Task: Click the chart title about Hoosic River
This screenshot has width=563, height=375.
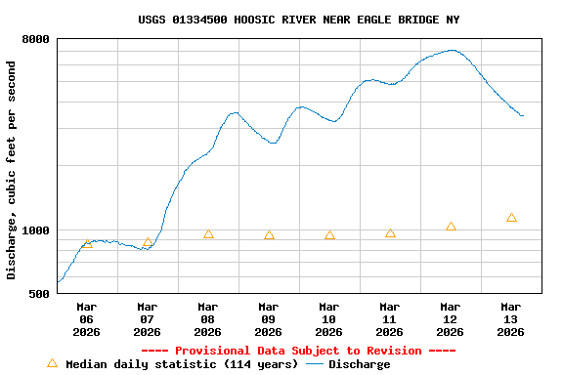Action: [x=299, y=20]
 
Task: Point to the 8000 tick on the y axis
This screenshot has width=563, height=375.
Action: [x=36, y=39]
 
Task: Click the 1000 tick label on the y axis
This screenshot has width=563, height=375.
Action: [x=36, y=230]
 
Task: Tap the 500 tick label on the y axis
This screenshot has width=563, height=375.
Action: [x=40, y=293]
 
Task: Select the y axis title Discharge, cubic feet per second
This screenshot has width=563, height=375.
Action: [x=12, y=170]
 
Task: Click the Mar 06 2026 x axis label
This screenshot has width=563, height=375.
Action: [x=86, y=319]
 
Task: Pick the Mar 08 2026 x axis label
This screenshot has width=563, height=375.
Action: [x=207, y=319]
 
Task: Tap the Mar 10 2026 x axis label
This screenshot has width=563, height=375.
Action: [x=328, y=319]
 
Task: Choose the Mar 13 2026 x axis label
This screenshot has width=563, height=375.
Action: [x=510, y=319]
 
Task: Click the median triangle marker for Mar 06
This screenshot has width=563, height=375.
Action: [x=87, y=243]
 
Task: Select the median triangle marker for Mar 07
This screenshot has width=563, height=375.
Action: [x=148, y=242]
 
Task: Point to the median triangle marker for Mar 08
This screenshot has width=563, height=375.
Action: [x=208, y=234]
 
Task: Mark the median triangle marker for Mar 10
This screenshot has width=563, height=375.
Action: [x=329, y=235]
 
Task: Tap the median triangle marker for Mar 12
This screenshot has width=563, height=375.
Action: [x=451, y=227]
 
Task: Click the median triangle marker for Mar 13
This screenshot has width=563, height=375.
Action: [x=511, y=218]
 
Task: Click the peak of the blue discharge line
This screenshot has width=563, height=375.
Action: [x=452, y=50]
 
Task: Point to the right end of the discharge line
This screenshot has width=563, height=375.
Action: [x=523, y=115]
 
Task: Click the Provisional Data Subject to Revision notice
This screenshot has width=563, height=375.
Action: [x=298, y=351]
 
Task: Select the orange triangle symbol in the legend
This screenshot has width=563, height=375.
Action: [x=52, y=363]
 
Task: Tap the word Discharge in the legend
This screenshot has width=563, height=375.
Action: [x=359, y=364]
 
